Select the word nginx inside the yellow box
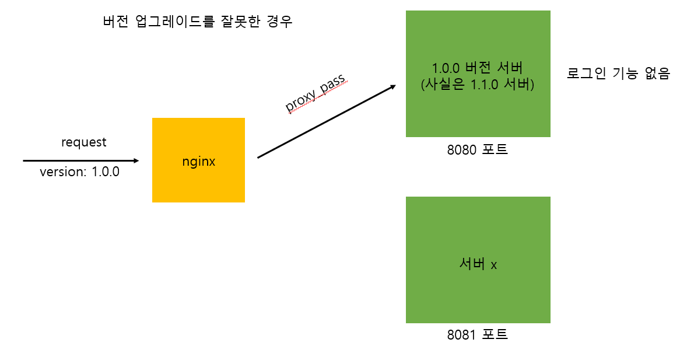(198, 162)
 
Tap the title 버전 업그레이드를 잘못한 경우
(197, 22)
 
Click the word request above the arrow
(84, 142)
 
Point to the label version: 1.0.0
(80, 172)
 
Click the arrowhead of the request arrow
(136, 160)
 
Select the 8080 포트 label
(478, 149)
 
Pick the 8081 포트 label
(478, 335)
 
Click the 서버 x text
(478, 264)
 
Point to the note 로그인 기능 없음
(618, 74)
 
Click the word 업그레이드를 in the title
(174, 22)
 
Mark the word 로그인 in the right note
(585, 74)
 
